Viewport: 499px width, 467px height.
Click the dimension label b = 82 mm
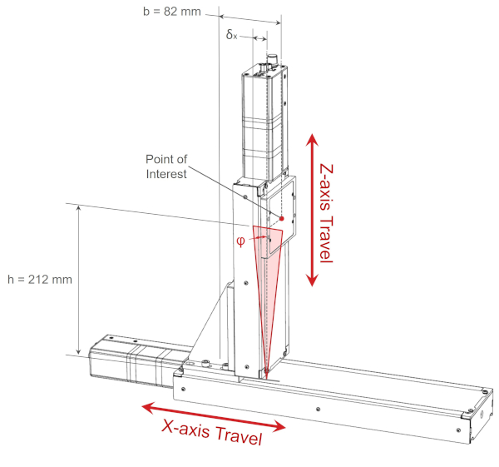173,11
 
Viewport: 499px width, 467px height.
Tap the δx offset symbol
232,36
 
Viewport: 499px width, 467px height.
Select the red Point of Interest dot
282,219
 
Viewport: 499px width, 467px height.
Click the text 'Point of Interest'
166,166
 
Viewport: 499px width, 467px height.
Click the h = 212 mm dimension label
39,279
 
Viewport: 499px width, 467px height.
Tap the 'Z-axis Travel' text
325,208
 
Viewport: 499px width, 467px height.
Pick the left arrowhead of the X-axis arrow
146,407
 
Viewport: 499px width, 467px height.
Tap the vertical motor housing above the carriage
264,125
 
